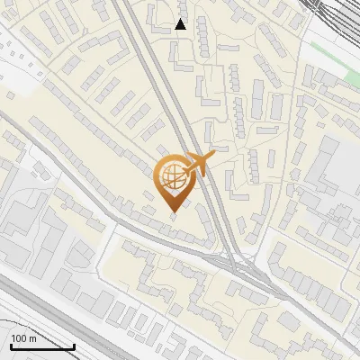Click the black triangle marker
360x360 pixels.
point(181,24)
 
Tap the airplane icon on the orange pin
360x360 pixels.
point(195,165)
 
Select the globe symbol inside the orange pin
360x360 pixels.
point(171,177)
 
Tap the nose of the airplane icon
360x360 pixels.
point(213,156)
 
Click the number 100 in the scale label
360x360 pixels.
point(19,339)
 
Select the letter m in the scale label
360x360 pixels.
point(32,339)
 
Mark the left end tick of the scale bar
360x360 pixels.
point(10,346)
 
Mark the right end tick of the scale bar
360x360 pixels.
point(74,346)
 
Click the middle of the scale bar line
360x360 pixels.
point(41,347)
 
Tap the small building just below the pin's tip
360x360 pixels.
point(174,224)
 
